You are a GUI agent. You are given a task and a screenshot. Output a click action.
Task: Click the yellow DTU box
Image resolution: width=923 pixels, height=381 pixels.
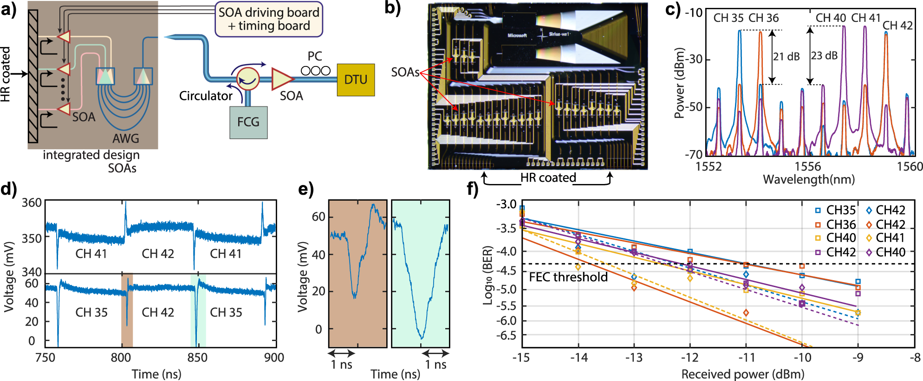click(356, 80)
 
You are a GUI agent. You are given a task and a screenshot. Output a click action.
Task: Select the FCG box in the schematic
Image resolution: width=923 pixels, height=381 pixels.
click(248, 122)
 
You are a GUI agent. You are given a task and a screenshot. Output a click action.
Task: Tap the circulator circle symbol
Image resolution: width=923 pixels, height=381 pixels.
click(247, 79)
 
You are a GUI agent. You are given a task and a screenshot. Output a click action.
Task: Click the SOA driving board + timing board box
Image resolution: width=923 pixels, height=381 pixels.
click(269, 19)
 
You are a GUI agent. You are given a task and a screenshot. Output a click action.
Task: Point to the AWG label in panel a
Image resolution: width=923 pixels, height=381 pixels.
click(125, 138)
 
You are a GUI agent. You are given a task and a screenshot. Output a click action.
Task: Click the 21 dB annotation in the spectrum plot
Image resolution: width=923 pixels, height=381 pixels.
click(786, 57)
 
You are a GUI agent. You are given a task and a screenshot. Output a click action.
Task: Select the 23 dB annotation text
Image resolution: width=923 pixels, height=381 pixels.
click(825, 56)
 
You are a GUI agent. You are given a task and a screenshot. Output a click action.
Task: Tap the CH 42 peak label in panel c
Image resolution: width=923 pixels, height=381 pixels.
click(897, 26)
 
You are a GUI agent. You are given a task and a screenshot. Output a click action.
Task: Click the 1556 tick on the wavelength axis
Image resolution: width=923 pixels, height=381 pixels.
click(808, 166)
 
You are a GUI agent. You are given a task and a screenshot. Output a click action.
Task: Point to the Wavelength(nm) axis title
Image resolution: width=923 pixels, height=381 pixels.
click(809, 179)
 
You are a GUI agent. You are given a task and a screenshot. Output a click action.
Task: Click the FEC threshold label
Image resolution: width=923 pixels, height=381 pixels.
click(568, 277)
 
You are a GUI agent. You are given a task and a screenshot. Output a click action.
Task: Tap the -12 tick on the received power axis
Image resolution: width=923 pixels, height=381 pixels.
click(689, 357)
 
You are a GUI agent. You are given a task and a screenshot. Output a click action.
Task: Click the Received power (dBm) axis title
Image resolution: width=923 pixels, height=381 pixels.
click(742, 374)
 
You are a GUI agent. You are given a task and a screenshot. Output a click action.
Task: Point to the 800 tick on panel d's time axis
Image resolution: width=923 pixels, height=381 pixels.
click(121, 357)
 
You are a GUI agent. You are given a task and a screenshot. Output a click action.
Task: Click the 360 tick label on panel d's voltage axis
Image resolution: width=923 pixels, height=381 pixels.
click(32, 203)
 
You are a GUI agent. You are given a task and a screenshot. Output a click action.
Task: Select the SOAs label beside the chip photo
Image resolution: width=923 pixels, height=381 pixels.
click(405, 72)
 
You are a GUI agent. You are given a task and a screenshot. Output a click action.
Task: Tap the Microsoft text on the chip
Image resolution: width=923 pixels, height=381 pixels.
click(517, 36)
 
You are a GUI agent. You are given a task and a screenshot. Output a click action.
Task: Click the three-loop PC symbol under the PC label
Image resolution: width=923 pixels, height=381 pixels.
click(316, 71)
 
